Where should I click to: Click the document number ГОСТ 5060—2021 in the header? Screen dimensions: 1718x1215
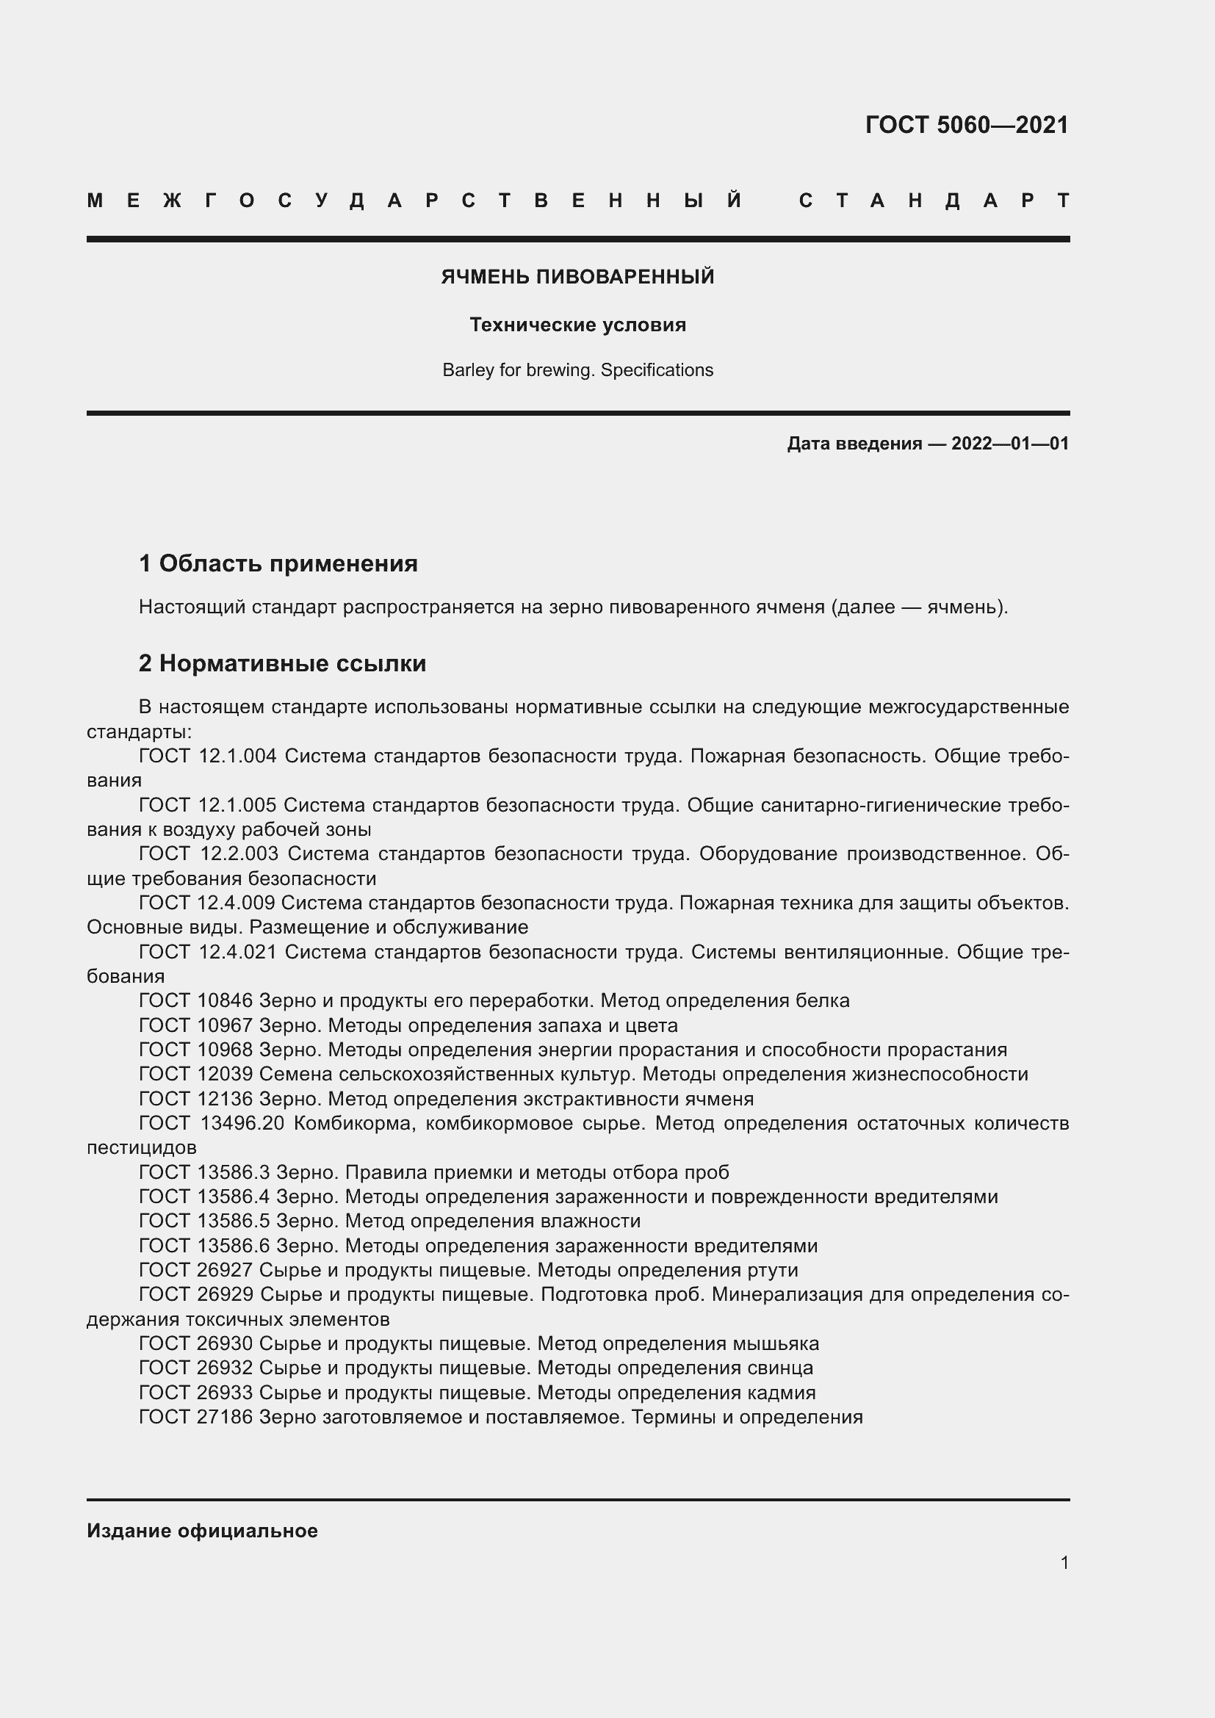pos(967,125)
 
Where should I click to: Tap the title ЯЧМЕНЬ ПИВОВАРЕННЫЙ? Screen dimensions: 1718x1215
pos(577,277)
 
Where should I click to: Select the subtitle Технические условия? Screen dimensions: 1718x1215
pos(577,325)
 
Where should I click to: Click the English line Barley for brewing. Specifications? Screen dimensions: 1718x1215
pos(577,370)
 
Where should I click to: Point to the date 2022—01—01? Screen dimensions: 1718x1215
pos(1009,444)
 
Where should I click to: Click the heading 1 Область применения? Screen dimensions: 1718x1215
pos(278,563)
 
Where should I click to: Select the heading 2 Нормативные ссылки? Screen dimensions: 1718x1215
pos(282,664)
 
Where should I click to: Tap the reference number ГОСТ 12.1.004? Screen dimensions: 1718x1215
pos(207,757)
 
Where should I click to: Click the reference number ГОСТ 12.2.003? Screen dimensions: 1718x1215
pos(208,853)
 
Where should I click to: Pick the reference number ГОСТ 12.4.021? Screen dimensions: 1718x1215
pos(207,953)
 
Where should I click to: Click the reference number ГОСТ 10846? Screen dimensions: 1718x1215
pos(195,1001)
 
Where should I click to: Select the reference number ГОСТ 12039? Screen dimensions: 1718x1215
pos(195,1075)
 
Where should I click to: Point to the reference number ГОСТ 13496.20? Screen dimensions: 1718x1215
pos(211,1124)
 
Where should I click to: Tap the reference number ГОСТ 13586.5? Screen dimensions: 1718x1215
pos(204,1221)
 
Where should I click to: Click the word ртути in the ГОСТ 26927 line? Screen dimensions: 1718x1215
pos(772,1271)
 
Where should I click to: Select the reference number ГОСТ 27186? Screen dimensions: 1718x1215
pos(195,1417)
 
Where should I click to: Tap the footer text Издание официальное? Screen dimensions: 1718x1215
pos(202,1531)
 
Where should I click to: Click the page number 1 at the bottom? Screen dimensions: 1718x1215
pos(1064,1562)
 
